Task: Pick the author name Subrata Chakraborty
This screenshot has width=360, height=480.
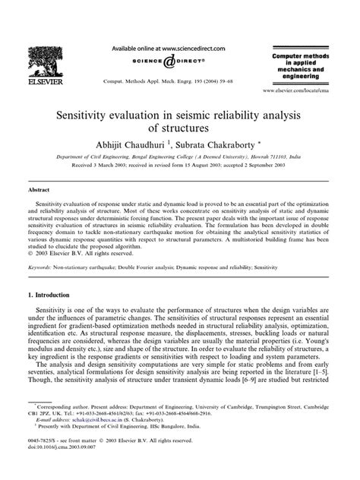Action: (215, 142)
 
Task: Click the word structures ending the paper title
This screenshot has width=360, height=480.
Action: (178, 129)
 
